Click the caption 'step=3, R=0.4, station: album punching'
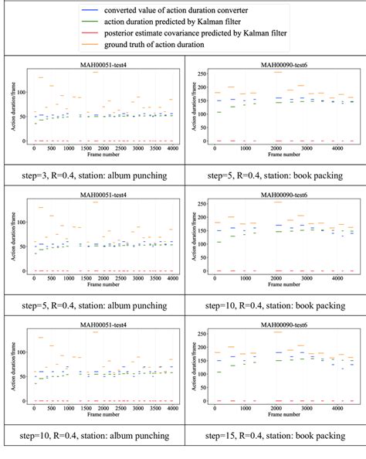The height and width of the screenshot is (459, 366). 91,175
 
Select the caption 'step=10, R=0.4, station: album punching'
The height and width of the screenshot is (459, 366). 91,437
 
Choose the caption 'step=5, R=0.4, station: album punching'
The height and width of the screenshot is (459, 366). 91,306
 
